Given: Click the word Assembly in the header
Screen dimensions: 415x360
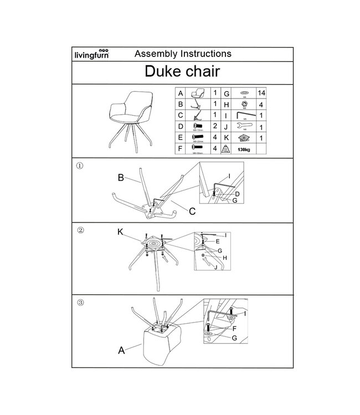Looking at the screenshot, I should click(153, 54).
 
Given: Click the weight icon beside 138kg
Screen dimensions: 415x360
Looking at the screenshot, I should click(225, 148).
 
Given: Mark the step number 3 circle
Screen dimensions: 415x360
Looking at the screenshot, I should click(80, 303).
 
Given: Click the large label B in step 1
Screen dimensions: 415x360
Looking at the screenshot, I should click(120, 179).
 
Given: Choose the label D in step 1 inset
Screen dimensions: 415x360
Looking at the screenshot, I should click(237, 195).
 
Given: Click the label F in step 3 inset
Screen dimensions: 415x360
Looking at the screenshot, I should click(235, 328).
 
